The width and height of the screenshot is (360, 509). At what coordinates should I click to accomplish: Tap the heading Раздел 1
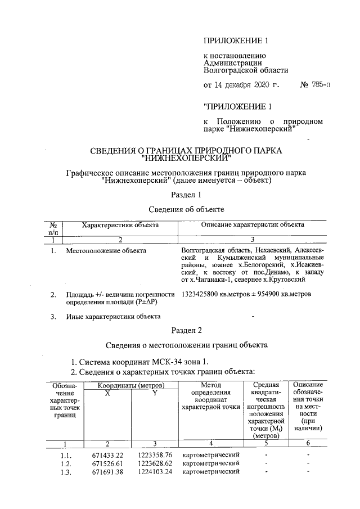[x=186, y=195]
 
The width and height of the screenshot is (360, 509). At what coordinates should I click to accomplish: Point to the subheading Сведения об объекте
[x=186, y=209]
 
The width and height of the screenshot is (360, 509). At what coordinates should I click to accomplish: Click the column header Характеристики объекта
[x=120, y=225]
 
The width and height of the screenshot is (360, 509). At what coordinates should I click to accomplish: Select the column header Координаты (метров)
[x=130, y=385]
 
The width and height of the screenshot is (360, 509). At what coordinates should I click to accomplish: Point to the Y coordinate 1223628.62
[x=155, y=463]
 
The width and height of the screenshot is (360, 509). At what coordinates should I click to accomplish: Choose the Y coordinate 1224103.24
[x=155, y=472]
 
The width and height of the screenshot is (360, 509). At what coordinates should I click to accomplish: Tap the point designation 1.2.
[x=66, y=463]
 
